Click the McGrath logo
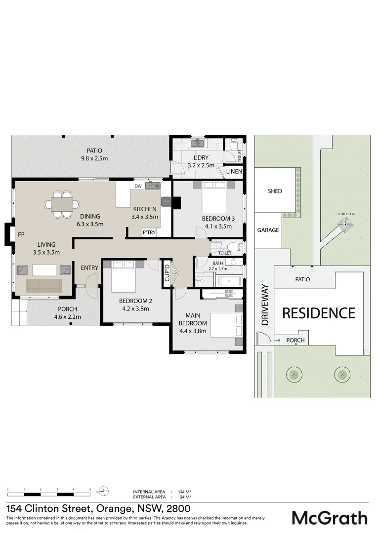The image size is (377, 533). coord(330,518)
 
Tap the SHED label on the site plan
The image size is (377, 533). coord(275,191)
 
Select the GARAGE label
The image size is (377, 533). coord(268,230)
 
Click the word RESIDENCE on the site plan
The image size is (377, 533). coord(319,313)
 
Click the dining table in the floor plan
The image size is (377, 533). coord(63,204)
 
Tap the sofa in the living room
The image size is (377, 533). coord(44,285)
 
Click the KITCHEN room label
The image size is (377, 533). coord(144,209)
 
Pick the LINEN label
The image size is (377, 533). coord(234,172)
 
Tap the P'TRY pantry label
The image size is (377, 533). coord(149,232)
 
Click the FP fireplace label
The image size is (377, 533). coord(21,235)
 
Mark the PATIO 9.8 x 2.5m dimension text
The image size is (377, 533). coord(94,158)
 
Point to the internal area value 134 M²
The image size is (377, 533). coord(184,492)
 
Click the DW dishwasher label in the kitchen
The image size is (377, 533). coord(138,186)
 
